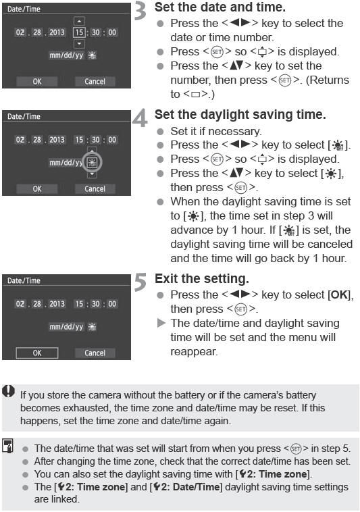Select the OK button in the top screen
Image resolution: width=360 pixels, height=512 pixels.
(x=37, y=81)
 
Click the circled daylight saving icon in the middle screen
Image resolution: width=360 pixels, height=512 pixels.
(x=93, y=163)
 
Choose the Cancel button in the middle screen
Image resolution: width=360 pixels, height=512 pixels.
(x=95, y=188)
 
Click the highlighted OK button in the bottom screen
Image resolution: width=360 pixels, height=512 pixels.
(x=37, y=353)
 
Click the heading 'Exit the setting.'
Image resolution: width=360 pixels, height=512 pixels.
(x=198, y=278)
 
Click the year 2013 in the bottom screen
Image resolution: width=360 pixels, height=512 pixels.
(x=56, y=304)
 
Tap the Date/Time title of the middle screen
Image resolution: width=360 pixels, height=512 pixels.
(x=24, y=116)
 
